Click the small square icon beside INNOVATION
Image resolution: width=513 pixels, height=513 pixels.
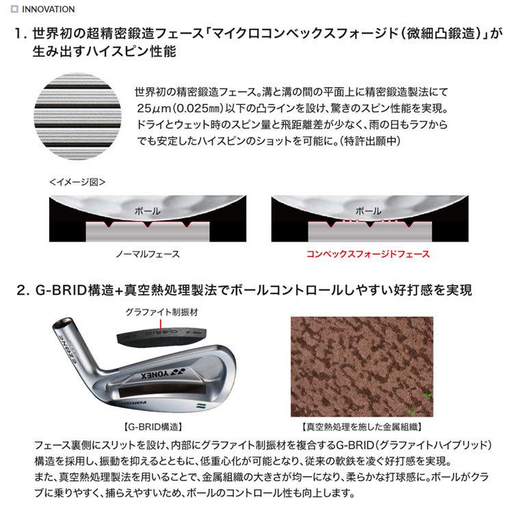pos(15,10)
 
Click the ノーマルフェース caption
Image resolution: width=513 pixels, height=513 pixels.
pos(147,254)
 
